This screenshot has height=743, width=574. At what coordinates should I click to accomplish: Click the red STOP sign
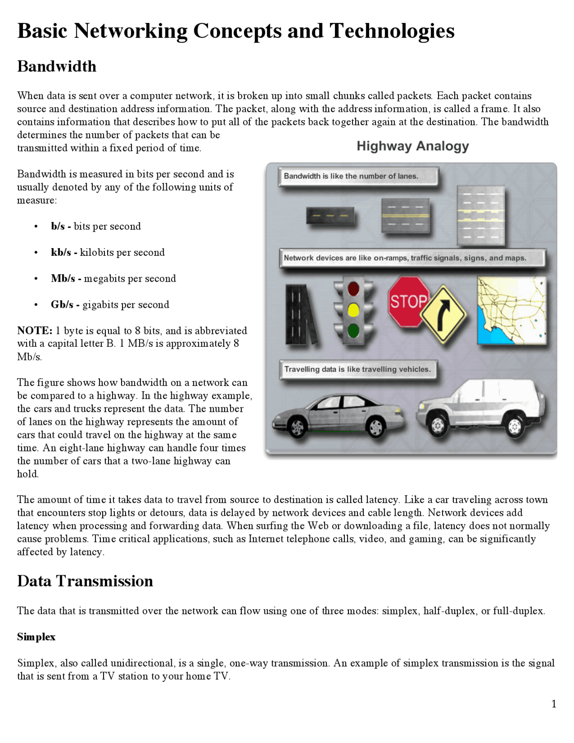pyautogui.click(x=407, y=301)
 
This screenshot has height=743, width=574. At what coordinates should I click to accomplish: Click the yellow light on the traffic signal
pyautogui.click(x=353, y=310)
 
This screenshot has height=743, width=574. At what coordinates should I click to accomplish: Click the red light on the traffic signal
pyautogui.click(x=353, y=288)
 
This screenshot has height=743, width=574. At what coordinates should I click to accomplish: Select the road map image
pyautogui.click(x=512, y=310)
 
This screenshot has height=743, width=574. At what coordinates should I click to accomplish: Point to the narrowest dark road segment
pyautogui.click(x=330, y=216)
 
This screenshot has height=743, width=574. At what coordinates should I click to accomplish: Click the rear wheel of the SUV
pyautogui.click(x=514, y=426)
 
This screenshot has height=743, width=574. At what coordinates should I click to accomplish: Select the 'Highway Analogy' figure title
pyautogui.click(x=413, y=146)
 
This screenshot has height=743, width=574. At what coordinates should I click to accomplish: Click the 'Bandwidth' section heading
pyautogui.click(x=57, y=66)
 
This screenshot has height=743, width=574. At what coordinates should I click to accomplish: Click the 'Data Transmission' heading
pyautogui.click(x=85, y=581)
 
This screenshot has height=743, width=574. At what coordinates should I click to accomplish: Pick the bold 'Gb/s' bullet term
pyautogui.click(x=62, y=305)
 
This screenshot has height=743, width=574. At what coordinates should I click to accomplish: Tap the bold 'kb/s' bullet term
pyautogui.click(x=61, y=252)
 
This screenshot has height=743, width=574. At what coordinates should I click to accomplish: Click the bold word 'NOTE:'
pyautogui.click(x=35, y=331)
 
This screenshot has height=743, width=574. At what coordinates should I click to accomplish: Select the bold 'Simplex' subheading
pyautogui.click(x=36, y=637)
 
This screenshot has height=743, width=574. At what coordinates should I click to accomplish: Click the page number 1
pyautogui.click(x=553, y=704)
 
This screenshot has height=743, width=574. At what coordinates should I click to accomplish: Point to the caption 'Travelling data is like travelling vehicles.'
pyautogui.click(x=357, y=369)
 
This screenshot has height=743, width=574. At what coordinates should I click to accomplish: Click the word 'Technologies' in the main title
pyautogui.click(x=392, y=31)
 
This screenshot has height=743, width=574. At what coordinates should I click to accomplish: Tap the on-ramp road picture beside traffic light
pyautogui.click(x=300, y=314)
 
